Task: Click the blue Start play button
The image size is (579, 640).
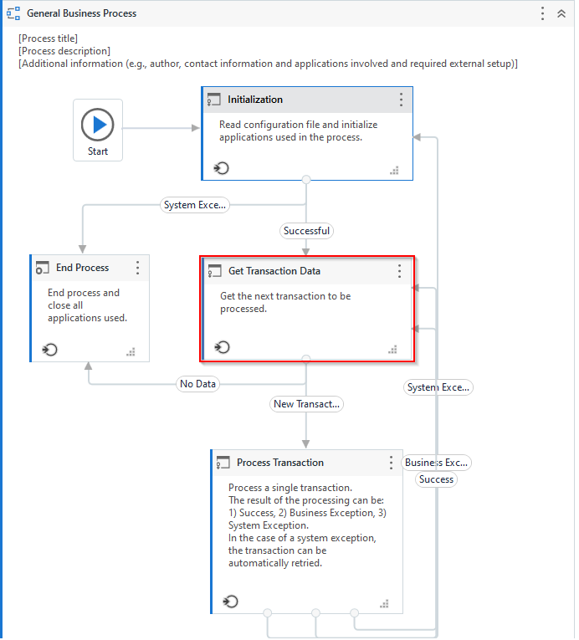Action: [x=98, y=125]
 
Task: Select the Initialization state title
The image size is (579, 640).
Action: [x=255, y=100]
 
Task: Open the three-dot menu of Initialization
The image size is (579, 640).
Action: [x=401, y=100]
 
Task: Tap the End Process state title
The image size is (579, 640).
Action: [x=82, y=268]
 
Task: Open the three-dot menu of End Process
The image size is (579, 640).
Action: [x=138, y=268]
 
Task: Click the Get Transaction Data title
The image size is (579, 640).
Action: [x=274, y=271]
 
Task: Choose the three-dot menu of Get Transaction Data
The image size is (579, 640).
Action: [x=399, y=271]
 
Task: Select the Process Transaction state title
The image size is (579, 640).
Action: [x=279, y=463]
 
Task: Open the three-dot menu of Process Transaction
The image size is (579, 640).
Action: [x=391, y=463]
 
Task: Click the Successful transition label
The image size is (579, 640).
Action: [x=306, y=230]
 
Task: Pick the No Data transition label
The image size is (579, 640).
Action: [x=197, y=384]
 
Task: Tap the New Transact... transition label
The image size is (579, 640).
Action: [x=307, y=404]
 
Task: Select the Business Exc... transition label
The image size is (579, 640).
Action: [x=437, y=463]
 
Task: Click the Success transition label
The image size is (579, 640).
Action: [x=436, y=479]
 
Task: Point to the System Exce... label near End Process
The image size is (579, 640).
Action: [x=194, y=205]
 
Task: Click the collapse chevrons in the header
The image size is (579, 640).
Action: [x=561, y=14]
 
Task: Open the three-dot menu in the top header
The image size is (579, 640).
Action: [x=542, y=14]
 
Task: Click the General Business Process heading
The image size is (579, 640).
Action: [x=81, y=14]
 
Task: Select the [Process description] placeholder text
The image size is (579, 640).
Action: [x=64, y=51]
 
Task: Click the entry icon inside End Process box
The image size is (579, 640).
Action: [x=50, y=349]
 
